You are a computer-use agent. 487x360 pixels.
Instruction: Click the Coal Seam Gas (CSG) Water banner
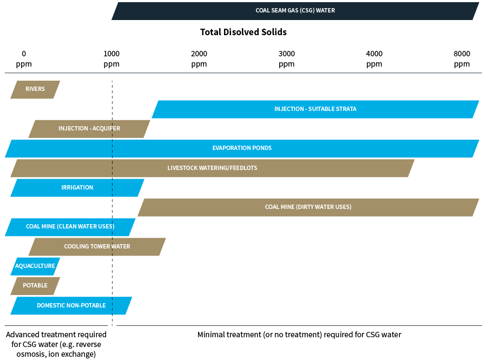295,11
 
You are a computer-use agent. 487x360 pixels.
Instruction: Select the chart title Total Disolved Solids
243,32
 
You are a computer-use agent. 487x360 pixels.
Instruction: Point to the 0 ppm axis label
24,59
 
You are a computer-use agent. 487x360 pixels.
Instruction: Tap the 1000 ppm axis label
111,59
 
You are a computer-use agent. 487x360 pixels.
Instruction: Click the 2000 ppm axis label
199,59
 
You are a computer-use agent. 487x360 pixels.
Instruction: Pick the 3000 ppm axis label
287,59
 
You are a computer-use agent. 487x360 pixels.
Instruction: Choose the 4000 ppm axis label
374,59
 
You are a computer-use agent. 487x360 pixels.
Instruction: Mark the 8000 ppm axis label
462,59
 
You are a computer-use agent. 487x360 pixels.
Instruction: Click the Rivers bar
35,89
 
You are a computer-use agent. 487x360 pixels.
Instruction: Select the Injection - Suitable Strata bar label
315,109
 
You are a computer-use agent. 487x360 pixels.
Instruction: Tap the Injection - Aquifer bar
89,129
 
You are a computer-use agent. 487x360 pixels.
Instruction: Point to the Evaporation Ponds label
242,148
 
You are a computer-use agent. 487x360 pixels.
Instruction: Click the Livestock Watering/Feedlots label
212,168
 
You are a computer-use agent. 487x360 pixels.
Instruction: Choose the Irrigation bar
77,188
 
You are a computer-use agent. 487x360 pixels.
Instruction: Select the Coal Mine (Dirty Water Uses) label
308,207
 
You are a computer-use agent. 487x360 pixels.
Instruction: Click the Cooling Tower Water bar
97,247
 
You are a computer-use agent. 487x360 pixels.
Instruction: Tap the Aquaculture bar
35,266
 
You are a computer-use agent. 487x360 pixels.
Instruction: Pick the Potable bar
35,286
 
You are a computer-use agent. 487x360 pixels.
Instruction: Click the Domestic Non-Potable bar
71,306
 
